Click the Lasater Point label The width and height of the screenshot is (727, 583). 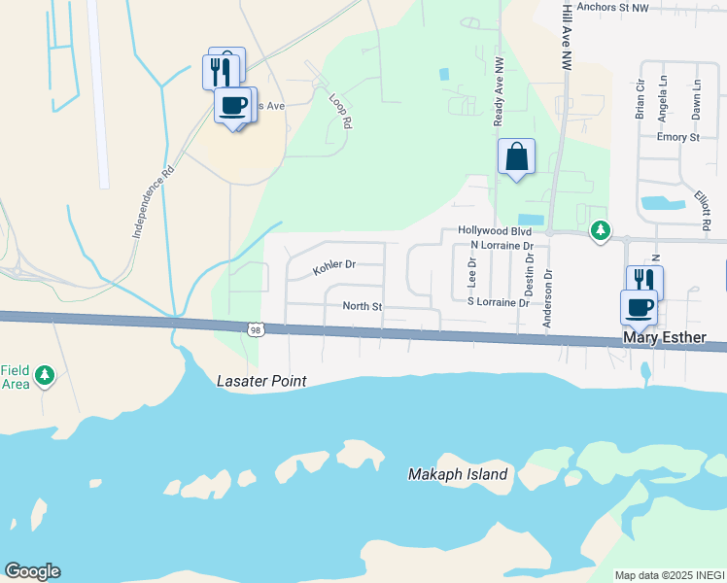[x=261, y=381]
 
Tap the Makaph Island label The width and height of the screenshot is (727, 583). [x=457, y=474]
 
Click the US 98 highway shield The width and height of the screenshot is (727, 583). [x=255, y=331]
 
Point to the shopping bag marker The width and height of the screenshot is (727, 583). [x=516, y=156]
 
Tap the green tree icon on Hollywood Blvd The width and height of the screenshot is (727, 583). [x=602, y=230]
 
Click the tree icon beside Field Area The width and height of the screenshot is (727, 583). [x=44, y=375]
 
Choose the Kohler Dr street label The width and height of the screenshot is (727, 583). [x=334, y=264]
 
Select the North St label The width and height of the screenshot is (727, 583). [x=363, y=306]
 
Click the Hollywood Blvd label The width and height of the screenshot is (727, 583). [x=495, y=232]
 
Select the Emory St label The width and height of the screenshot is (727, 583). [x=677, y=137]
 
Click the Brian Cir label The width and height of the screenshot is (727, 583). [x=640, y=98]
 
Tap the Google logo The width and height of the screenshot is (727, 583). [x=32, y=571]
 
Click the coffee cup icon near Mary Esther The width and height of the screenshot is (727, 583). [x=639, y=307]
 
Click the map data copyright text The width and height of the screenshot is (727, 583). [x=669, y=575]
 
